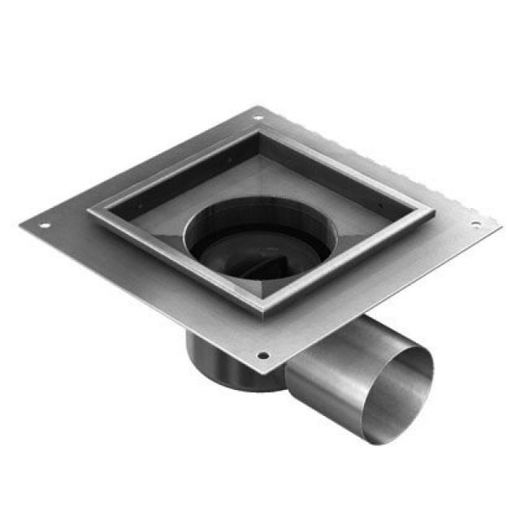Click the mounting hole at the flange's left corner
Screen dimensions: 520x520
(45, 225)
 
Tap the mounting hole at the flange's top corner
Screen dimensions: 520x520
(258, 117)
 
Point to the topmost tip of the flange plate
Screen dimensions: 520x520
(259, 106)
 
